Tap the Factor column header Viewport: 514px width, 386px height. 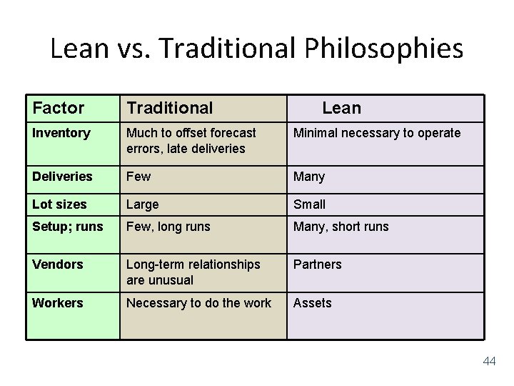(x=59, y=108)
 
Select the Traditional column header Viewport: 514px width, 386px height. (x=170, y=108)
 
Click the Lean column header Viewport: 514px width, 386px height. (x=341, y=108)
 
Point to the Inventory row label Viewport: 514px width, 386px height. (x=61, y=133)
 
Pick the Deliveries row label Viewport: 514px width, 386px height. (x=62, y=176)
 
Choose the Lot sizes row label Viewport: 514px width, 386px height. (x=59, y=204)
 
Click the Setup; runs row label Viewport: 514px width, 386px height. (x=68, y=227)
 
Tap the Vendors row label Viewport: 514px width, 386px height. (x=58, y=264)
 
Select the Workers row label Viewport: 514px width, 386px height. (x=58, y=303)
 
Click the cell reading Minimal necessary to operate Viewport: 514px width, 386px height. (x=377, y=133)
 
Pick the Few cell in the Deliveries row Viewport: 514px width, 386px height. (x=138, y=176)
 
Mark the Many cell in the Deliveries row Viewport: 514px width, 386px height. (x=309, y=176)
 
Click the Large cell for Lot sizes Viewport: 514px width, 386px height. (x=143, y=204)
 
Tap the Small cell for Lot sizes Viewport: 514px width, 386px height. (x=309, y=204)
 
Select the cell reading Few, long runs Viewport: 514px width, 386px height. (x=168, y=227)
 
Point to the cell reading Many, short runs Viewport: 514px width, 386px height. (x=341, y=227)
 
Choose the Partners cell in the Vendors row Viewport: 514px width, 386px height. (x=318, y=264)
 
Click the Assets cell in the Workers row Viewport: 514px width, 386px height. (x=313, y=303)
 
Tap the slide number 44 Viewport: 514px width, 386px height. (x=489, y=362)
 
